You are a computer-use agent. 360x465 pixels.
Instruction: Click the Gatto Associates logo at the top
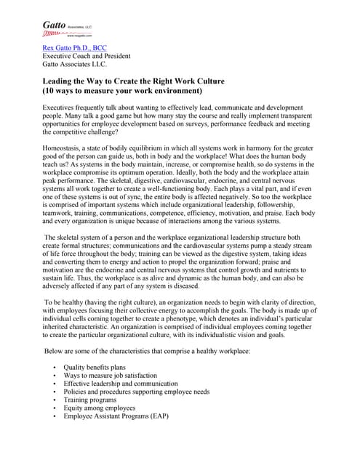coord(67,28)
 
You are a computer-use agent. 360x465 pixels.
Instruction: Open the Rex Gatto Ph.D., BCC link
coord(74,48)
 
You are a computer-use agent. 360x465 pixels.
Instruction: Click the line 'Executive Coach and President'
coord(87,56)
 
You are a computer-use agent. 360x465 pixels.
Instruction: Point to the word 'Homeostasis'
coord(67,149)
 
